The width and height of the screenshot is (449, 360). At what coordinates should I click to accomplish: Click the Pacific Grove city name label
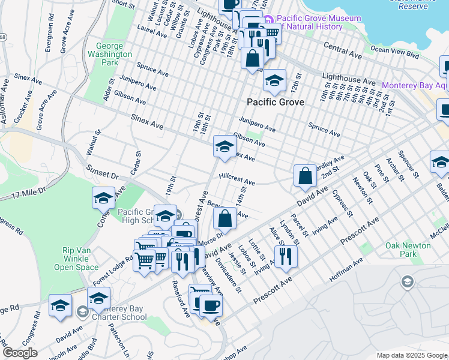[x=275, y=102]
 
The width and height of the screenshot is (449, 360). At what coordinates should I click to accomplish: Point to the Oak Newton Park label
[x=408, y=250]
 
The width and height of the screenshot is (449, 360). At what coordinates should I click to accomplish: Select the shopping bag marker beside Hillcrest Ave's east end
[x=305, y=176]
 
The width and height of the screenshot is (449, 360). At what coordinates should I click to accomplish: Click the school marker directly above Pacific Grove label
[x=274, y=81]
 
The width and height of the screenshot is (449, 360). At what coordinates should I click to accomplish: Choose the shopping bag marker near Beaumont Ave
[x=224, y=220]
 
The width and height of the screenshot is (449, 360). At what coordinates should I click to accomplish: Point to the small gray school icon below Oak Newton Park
[x=407, y=282]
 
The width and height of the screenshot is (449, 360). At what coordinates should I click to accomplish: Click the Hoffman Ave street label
[x=346, y=271]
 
